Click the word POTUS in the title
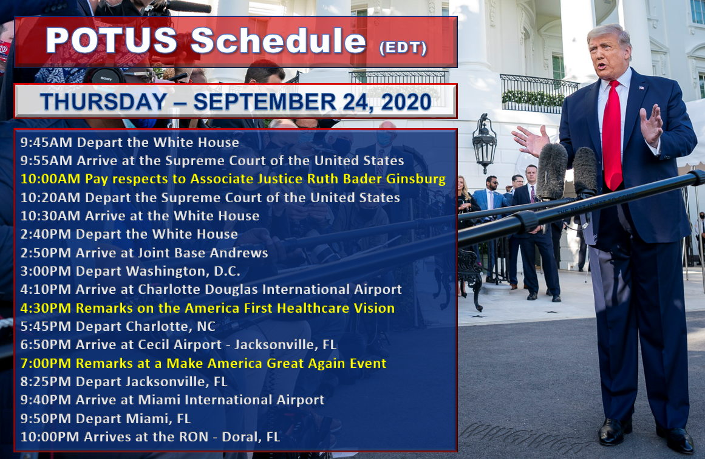112,41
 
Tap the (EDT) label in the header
403,47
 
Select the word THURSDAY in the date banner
103,101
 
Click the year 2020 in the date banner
406,102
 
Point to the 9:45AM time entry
46,143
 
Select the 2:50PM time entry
46,253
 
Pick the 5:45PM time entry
46,327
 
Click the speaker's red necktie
612,135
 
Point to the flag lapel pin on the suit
641,87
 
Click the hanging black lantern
484,143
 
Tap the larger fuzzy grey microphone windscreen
552,171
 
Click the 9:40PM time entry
46,400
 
